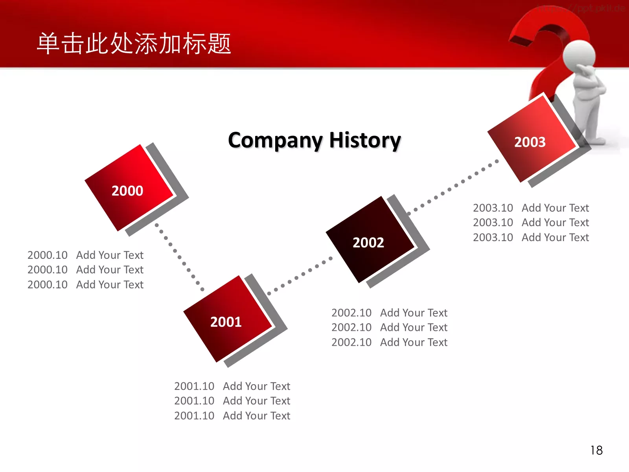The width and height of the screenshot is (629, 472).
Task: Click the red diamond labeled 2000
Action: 129,188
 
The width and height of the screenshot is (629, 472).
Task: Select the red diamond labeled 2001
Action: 228,319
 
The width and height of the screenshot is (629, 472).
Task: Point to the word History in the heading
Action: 365,140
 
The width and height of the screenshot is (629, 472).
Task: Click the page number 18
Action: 597,450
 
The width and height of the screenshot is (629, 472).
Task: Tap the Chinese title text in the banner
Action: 134,43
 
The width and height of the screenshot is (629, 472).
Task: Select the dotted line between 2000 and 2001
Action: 179,257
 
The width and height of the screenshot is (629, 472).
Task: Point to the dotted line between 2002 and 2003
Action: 453,187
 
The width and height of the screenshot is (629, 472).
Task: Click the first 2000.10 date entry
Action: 48,255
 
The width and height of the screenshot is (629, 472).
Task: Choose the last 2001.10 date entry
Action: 194,415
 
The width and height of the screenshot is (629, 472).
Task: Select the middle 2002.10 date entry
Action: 351,327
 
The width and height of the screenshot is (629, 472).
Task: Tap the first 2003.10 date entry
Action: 493,208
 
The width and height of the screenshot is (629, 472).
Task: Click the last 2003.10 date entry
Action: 493,237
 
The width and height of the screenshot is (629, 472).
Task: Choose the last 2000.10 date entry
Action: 48,284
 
